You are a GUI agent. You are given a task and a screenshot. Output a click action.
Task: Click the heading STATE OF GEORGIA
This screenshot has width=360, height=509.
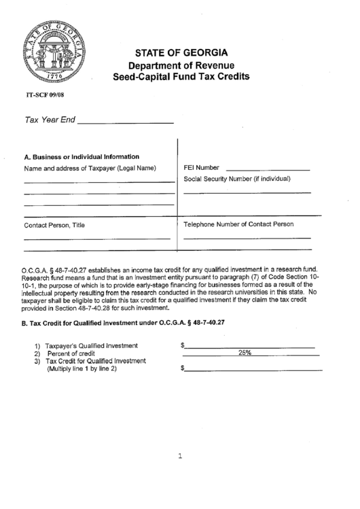pyautogui.click(x=181, y=53)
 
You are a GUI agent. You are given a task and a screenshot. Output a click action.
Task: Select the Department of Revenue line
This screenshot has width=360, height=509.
pyautogui.click(x=181, y=65)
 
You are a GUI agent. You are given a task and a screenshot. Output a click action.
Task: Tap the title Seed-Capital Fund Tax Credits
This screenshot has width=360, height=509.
pyautogui.click(x=181, y=77)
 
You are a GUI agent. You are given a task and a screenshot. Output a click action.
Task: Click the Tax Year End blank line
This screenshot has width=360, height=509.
pyautogui.click(x=125, y=122)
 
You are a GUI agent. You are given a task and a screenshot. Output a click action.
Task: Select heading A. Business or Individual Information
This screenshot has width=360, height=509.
pyautogui.click(x=82, y=156)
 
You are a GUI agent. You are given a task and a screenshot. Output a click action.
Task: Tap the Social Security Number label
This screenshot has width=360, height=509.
pyautogui.click(x=237, y=179)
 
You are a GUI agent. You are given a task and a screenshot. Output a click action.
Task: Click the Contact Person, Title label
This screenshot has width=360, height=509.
pyautogui.click(x=55, y=225)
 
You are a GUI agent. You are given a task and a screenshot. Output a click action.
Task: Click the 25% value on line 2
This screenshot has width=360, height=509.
pyautogui.click(x=245, y=353)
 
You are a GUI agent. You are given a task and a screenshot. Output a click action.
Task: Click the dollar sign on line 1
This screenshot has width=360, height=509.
pyautogui.click(x=183, y=346)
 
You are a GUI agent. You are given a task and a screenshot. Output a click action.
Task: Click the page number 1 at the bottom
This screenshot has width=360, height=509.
pyautogui.click(x=181, y=457)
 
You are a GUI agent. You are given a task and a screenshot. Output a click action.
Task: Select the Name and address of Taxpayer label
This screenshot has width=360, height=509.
pyautogui.click(x=90, y=168)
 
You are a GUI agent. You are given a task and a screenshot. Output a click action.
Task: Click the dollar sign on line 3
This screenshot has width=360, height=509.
pyautogui.click(x=183, y=368)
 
